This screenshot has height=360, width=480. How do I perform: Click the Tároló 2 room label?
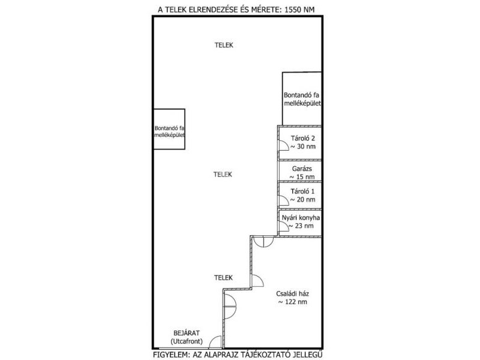pyautogui.click(x=302, y=139)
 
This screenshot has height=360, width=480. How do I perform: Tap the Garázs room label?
pyautogui.click(x=302, y=169)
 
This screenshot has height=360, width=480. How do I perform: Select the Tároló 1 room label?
pyautogui.click(x=302, y=191)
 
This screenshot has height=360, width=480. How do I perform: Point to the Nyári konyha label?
pyautogui.click(x=301, y=218)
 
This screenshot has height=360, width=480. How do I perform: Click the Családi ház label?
pyautogui.click(x=292, y=294)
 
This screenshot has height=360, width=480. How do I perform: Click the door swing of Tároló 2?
pyautogui.click(x=283, y=145)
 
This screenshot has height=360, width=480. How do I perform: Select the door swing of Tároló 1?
pyautogui.click(x=283, y=200)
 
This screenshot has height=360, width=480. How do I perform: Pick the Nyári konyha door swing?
pyautogui.click(x=284, y=226)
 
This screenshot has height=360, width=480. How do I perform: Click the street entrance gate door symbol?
pyautogui.click(x=215, y=342)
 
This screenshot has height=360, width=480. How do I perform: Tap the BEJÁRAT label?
pyautogui.click(x=187, y=333)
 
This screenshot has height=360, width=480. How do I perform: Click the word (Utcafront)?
pyautogui.click(x=187, y=341)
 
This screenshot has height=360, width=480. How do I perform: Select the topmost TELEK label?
pyautogui.click(x=224, y=46)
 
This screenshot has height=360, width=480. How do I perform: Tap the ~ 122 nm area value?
pyautogui.click(x=292, y=302)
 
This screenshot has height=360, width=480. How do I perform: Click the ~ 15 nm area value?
pyautogui.click(x=302, y=177)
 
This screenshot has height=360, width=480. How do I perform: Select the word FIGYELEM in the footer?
pyautogui.click(x=171, y=355)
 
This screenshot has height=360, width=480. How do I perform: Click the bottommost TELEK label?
pyautogui.click(x=223, y=278)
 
